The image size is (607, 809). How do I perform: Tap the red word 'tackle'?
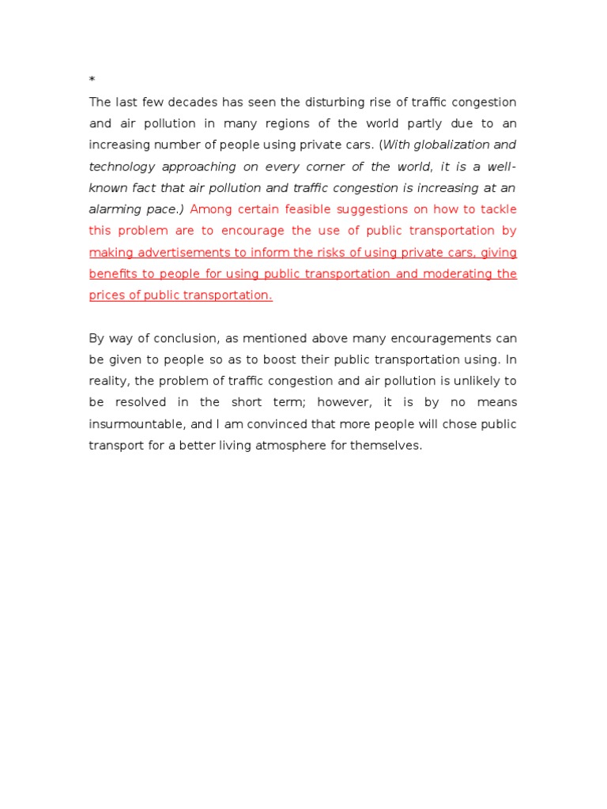498,209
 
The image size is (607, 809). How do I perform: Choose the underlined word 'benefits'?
113,273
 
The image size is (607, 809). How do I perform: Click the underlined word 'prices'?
107,295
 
